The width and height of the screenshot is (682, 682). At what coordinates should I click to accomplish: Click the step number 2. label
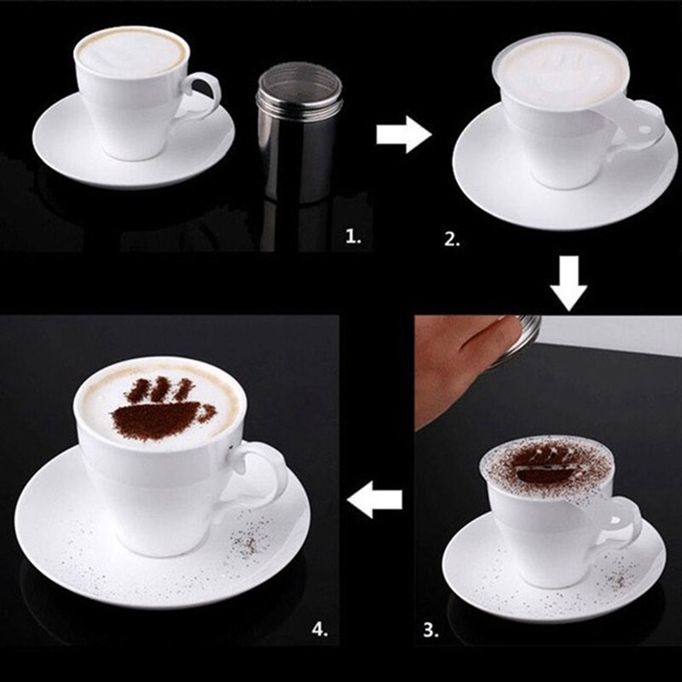click(x=452, y=240)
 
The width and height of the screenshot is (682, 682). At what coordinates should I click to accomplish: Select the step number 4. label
click(x=321, y=630)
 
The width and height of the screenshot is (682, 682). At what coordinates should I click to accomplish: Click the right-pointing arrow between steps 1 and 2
click(x=403, y=135)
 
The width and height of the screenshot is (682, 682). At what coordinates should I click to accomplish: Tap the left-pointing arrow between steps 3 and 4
click(x=376, y=500)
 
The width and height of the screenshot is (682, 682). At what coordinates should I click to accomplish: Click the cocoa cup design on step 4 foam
click(x=158, y=409)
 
